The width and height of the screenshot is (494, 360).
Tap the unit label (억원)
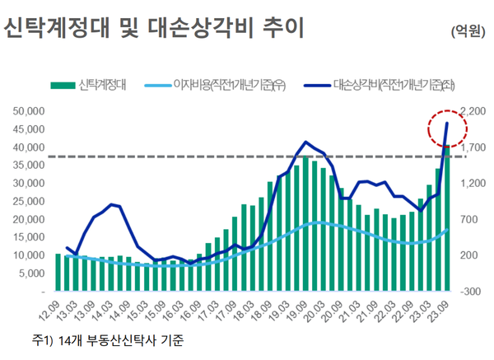[468, 31]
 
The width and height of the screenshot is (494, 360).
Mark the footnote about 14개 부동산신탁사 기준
[108, 339]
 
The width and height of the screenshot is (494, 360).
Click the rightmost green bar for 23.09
[447, 219]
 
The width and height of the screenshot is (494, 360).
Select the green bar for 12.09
[58, 273]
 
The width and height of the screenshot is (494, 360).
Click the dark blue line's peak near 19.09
[305, 143]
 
